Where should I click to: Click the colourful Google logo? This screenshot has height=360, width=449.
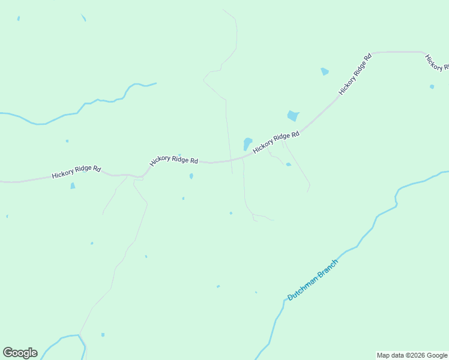tap(20, 353)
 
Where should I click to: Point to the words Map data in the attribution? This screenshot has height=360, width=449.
tap(390, 355)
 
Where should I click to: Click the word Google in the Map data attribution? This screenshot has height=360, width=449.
tap(437, 355)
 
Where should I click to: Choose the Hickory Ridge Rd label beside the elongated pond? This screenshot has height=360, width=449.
tap(276, 143)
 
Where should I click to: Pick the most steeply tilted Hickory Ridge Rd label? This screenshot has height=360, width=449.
tap(355, 74)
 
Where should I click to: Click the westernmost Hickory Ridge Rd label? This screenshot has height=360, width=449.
tap(76, 172)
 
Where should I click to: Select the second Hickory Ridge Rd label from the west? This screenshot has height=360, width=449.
tap(173, 160)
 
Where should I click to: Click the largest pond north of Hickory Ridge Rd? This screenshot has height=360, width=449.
tap(293, 115)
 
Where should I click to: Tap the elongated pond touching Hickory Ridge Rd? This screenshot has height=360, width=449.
tap(247, 144)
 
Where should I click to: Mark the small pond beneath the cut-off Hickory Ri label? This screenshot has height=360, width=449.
tap(432, 87)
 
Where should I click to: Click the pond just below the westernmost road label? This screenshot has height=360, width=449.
tap(73, 186)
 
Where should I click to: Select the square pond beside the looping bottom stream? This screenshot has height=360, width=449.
tap(103, 334)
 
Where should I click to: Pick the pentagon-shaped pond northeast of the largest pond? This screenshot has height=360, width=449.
tap(325, 71)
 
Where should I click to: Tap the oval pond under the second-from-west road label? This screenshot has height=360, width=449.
tap(191, 176)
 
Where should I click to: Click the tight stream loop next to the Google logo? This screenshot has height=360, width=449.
tap(82, 344)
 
